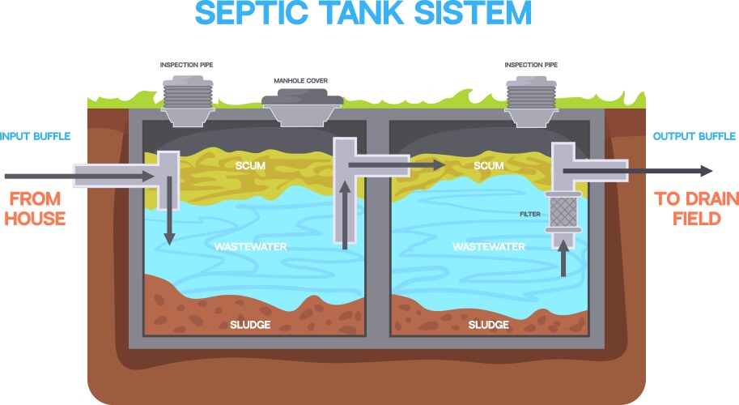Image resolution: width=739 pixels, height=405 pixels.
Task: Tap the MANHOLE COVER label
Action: pos(302,82)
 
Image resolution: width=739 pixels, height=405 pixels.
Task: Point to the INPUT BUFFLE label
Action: pos(36,135)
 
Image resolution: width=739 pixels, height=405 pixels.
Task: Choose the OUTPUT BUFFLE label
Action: pos(694,135)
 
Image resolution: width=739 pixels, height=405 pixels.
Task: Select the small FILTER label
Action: pos(530,215)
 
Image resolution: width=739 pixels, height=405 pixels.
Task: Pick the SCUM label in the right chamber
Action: pos(488,166)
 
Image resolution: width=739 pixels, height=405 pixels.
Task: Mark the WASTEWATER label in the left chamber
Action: pos(252,245)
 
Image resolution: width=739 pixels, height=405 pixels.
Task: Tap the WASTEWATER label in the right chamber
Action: pos(489,246)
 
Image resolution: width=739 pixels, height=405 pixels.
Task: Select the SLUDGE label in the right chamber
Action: pos(488,325)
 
